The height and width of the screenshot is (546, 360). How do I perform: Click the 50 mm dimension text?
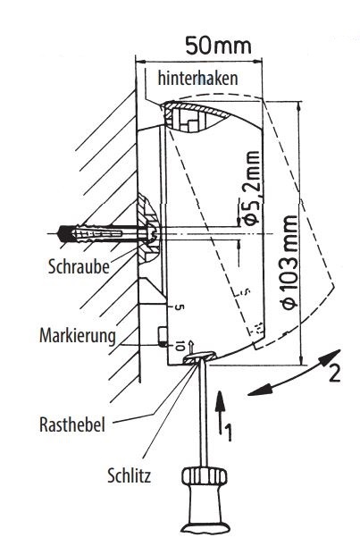pos(218,46)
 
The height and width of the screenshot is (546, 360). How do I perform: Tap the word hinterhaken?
pos(197,79)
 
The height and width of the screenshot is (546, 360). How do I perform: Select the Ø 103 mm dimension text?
pos(289,262)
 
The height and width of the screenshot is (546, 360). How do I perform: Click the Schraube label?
pos(79,266)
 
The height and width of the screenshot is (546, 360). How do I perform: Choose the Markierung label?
pos(78,336)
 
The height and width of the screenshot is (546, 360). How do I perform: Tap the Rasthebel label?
pos(72,424)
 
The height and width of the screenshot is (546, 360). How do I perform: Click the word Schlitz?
pos(129,475)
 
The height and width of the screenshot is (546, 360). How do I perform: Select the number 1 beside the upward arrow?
pos(227,432)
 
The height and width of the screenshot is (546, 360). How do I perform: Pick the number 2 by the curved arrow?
pos(334,374)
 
